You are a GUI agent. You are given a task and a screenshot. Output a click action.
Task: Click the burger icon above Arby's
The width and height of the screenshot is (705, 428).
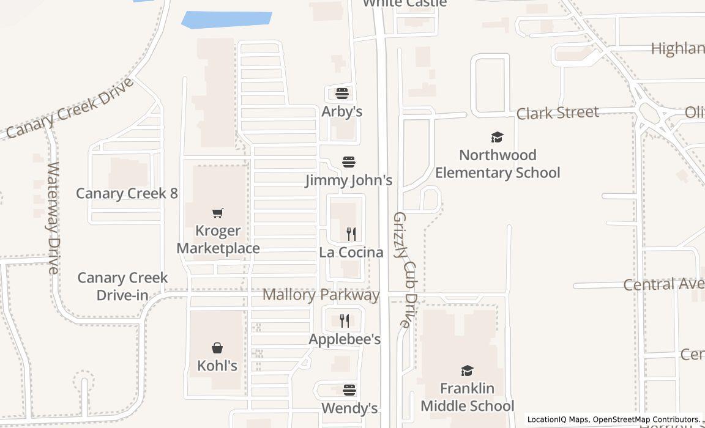341,94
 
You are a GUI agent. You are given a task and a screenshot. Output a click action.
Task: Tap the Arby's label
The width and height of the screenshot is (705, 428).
342,111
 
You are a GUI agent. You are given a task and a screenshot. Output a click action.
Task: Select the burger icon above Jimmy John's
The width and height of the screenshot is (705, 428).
349,162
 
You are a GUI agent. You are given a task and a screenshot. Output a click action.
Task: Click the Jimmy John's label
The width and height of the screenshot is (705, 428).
349,180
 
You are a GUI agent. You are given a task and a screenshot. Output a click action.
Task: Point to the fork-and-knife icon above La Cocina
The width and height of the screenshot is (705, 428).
351,234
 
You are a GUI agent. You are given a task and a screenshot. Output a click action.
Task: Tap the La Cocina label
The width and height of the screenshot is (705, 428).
351,252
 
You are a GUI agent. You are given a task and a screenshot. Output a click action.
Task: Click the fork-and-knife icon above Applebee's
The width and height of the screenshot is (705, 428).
345,321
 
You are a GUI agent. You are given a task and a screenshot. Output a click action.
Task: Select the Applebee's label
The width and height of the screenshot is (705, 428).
345,339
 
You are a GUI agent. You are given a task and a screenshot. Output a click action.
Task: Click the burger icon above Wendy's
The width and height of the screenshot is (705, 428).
349,390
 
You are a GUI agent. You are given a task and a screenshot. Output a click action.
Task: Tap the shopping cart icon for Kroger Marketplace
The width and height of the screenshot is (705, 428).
218,213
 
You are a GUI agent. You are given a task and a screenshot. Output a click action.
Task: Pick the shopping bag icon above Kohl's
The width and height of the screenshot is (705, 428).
217,348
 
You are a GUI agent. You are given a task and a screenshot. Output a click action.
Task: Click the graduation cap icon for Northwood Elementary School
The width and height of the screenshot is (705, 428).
497,138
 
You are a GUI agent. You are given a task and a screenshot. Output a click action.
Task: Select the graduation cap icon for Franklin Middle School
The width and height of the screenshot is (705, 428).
467,371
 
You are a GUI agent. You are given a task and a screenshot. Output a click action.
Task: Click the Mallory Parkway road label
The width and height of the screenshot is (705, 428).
321,295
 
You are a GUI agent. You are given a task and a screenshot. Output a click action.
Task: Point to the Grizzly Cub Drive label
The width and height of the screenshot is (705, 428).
404,269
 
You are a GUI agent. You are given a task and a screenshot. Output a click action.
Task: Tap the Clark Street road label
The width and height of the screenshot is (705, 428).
558,113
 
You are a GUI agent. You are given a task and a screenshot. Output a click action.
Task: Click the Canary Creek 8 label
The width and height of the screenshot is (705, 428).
127,193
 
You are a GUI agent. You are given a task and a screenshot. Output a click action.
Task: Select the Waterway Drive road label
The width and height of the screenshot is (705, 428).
54,217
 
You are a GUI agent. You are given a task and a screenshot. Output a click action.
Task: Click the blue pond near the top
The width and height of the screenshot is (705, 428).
226,19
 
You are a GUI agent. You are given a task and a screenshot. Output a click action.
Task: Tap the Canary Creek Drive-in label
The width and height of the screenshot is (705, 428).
122,286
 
